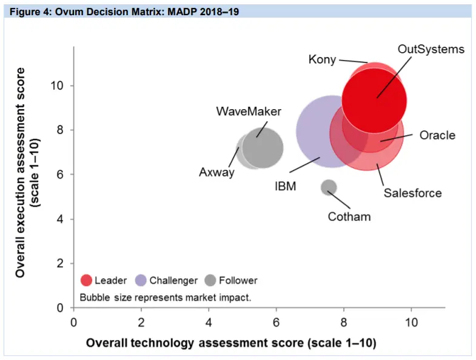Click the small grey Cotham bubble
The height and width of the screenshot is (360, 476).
pos(328,187)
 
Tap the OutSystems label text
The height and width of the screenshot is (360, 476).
pos(431,49)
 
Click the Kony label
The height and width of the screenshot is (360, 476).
pos(322,59)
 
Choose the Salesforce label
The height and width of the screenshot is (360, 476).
pos(412,193)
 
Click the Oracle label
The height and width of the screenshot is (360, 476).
pos(437,135)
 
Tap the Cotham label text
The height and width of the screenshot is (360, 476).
pos(349,216)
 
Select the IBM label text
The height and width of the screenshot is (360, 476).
pos(285,186)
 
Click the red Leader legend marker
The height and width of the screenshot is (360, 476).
pos(86,281)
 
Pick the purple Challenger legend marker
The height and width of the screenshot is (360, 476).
pos(140,281)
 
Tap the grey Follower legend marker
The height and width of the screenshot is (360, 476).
pos(210,281)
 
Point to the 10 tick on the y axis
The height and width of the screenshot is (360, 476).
pos(59,85)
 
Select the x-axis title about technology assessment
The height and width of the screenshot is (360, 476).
pos(231,343)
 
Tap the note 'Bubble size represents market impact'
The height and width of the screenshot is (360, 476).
pos(165,298)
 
